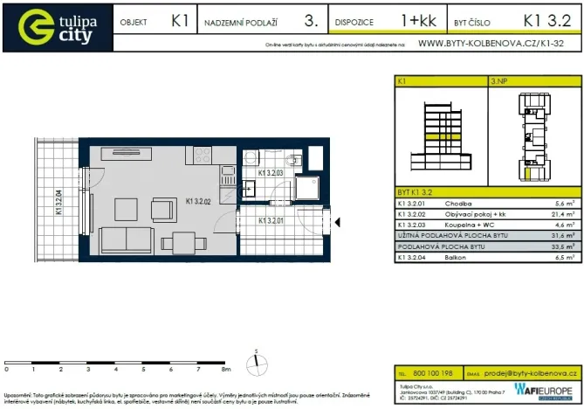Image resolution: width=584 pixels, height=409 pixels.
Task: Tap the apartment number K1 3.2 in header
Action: [x=546, y=19]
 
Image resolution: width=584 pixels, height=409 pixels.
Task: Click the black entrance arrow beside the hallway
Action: [x=340, y=223]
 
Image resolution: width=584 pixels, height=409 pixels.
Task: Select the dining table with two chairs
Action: [x=183, y=242]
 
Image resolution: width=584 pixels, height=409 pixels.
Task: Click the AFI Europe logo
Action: [x=543, y=391]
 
